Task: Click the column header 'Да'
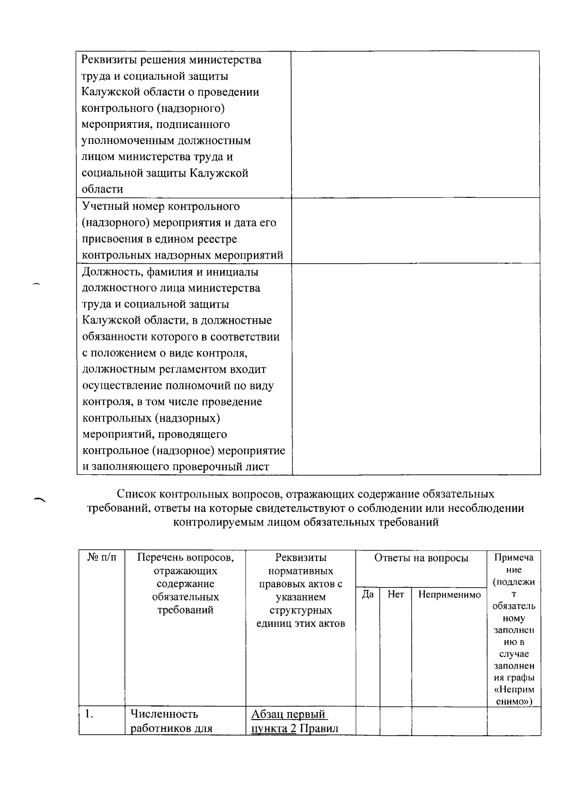coord(367,594)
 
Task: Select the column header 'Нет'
coord(396,594)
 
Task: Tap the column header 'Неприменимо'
coord(449,594)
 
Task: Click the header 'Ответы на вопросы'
coord(421,558)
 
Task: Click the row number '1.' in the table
coord(89,714)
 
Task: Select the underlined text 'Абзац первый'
coord(289,714)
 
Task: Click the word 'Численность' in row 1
coord(164,714)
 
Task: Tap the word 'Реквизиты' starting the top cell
coord(109,60)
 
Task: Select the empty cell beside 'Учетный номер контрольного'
coord(416,230)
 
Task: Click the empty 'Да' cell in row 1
coord(367,720)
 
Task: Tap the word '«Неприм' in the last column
coord(514,690)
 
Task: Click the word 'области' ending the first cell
coord(102,189)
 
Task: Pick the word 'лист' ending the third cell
coord(258,466)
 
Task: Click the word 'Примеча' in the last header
coord(514,557)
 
